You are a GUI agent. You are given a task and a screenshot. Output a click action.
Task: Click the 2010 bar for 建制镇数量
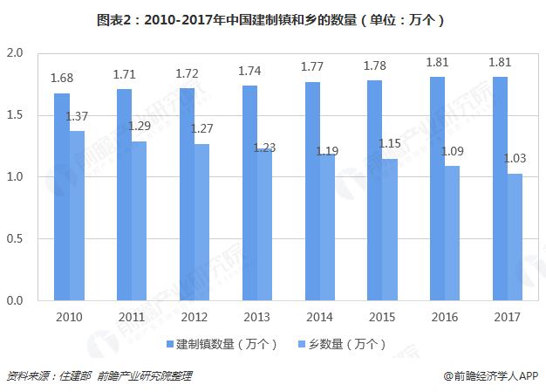pyautogui.click(x=61, y=197)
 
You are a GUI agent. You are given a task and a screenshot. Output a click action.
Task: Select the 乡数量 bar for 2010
pyautogui.click(x=77, y=217)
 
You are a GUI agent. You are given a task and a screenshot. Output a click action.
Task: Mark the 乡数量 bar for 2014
pyautogui.click(x=327, y=228)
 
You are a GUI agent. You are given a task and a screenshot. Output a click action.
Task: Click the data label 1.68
pyautogui.click(x=62, y=79)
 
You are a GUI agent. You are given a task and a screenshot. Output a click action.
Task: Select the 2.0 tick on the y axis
pyautogui.click(x=14, y=53)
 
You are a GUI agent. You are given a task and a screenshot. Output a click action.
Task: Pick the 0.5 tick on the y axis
pyautogui.click(x=14, y=239)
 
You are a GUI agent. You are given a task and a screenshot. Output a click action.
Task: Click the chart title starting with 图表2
pyautogui.click(x=273, y=18)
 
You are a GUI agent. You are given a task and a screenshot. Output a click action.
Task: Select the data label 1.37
pyautogui.click(x=78, y=116)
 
